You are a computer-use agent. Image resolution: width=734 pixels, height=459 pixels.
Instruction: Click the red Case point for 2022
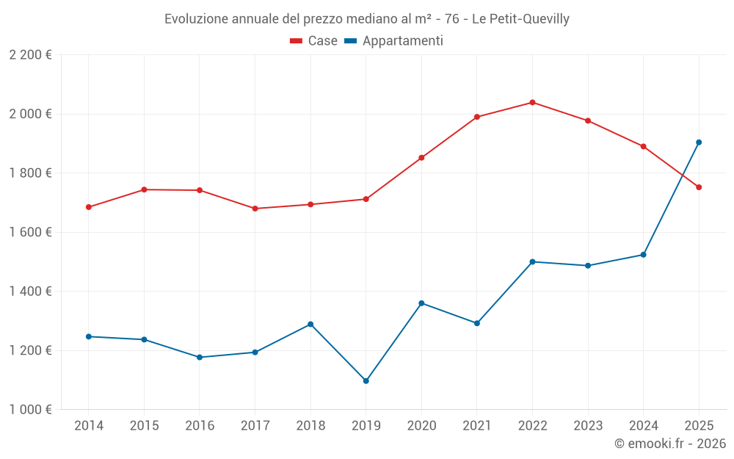(x=532, y=102)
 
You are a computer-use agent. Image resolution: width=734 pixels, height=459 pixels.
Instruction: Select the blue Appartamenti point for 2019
(x=366, y=380)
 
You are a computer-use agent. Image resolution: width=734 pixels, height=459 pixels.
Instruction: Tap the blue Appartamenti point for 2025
(x=699, y=142)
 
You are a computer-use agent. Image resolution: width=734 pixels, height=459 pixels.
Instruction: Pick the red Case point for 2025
(x=699, y=187)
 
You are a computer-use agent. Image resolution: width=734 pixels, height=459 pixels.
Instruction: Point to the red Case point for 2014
(x=89, y=207)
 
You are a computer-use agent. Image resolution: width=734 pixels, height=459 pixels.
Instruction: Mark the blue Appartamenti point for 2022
(x=532, y=261)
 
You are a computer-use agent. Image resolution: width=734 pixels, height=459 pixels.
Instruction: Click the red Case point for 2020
(x=421, y=158)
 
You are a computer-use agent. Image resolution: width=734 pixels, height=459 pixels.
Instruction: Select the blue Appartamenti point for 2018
(x=310, y=324)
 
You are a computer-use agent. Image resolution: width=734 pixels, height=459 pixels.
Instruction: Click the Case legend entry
(x=314, y=41)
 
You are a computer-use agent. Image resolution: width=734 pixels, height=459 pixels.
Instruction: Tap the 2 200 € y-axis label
(x=31, y=55)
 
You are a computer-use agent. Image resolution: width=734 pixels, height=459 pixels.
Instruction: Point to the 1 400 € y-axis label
(x=31, y=292)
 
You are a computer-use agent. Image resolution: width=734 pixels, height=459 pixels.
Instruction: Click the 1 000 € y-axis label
(x=31, y=410)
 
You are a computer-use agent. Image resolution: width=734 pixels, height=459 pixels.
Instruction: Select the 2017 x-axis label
(x=255, y=425)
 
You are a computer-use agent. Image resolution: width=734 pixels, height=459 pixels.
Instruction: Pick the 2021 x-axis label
(x=476, y=425)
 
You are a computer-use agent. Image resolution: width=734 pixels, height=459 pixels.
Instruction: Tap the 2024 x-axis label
(x=643, y=425)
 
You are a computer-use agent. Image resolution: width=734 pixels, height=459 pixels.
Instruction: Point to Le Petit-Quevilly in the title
(x=520, y=19)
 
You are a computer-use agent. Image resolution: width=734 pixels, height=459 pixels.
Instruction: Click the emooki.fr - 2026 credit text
(x=669, y=444)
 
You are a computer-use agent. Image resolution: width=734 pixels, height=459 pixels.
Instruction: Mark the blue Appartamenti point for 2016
(x=200, y=357)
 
